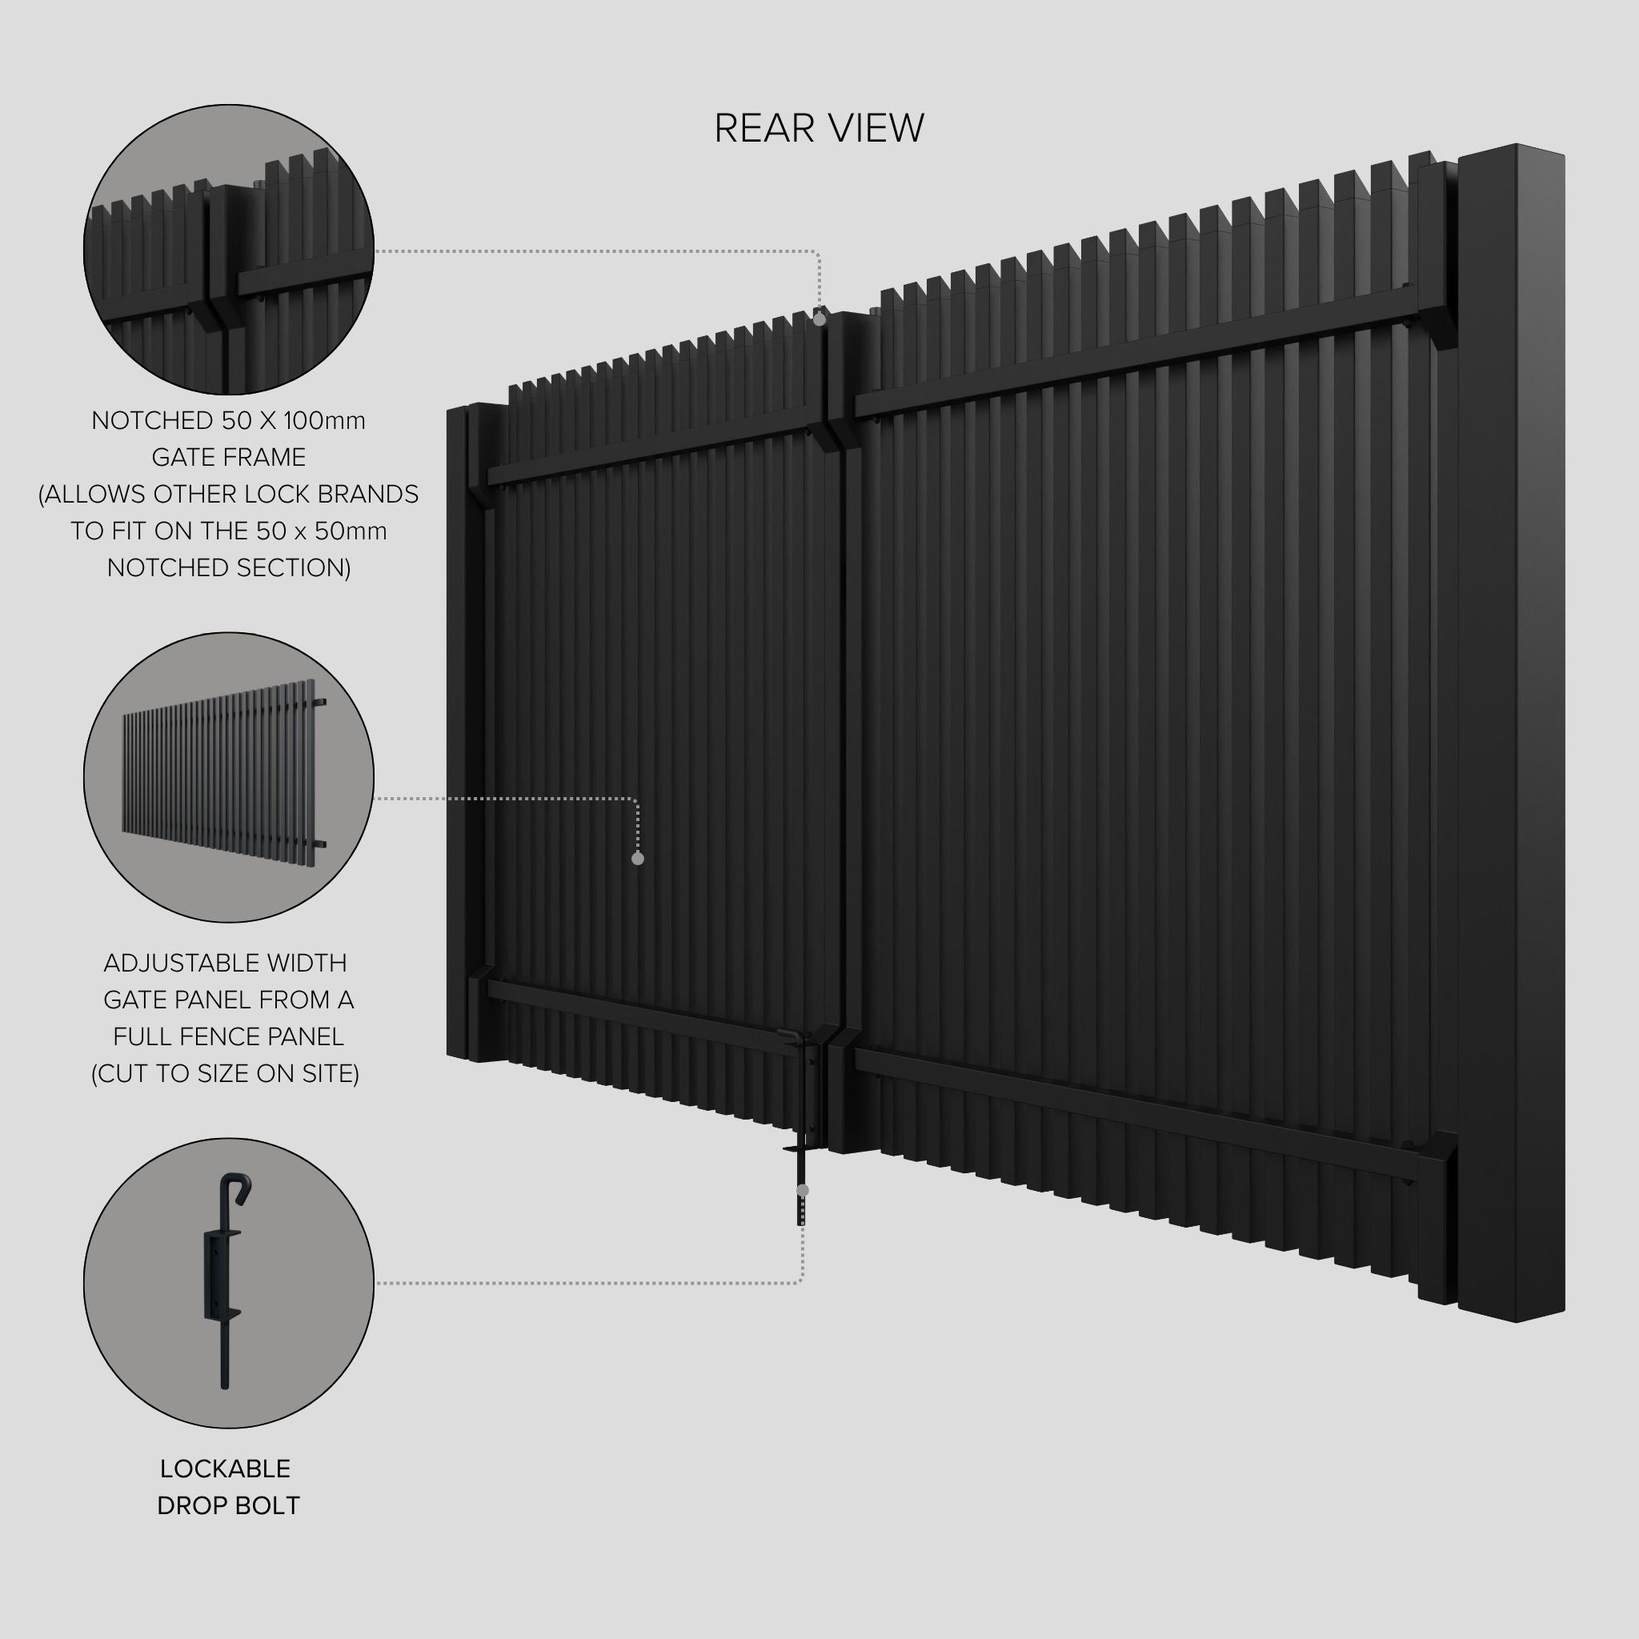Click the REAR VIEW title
pyautogui.click(x=819, y=129)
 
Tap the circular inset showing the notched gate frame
pyautogui.click(x=228, y=250)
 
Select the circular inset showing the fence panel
pyautogui.click(x=228, y=777)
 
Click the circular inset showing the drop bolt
pyautogui.click(x=228, y=1283)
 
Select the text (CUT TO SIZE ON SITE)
pyautogui.click(x=225, y=1073)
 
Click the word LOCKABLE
pyautogui.click(x=225, y=1469)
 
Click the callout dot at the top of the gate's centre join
pyautogui.click(x=819, y=320)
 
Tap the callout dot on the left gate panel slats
pyautogui.click(x=638, y=859)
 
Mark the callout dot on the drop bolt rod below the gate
pyautogui.click(x=803, y=1190)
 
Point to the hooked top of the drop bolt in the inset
pyautogui.click(x=238, y=1186)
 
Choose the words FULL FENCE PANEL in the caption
pyautogui.click(x=228, y=1036)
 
